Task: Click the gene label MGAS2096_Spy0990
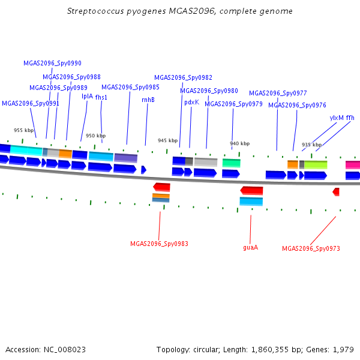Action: pos(52,63)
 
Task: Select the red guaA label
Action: pos(250,247)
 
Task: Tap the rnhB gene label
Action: pos(148,100)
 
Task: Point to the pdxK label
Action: pos(192,103)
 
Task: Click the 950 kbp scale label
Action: pos(96,136)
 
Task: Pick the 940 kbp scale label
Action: pos(239,143)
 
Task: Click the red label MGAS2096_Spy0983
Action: pos(159,244)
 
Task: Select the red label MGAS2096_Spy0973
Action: pos(311,248)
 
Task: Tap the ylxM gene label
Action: pos(337,118)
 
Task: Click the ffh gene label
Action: pos(350,118)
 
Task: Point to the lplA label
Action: pos(87,96)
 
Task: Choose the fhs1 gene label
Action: pos(101,97)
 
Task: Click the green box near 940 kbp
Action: pos(232,163)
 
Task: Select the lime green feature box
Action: pos(316,165)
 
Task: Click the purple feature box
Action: pos(126,158)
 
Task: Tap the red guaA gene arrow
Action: pos(251,191)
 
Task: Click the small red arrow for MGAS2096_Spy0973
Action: pos(336,192)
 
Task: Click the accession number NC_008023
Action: pos(65,350)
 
